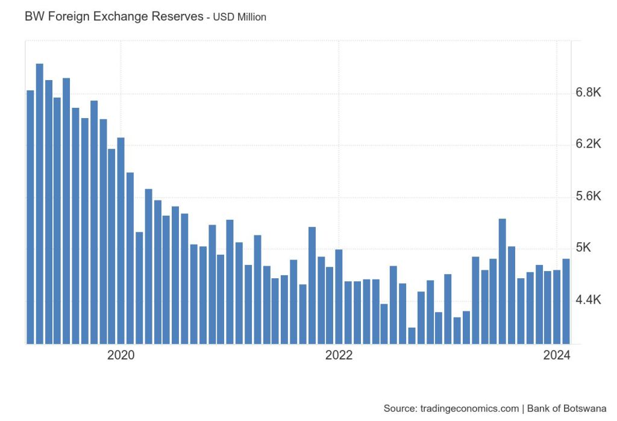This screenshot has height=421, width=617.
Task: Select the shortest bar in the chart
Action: [412, 335]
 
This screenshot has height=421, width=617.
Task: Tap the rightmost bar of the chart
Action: [566, 301]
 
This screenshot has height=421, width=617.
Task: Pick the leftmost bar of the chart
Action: [30, 217]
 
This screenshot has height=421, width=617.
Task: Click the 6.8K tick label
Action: [589, 93]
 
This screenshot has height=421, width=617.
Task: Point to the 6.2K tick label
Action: [589, 144]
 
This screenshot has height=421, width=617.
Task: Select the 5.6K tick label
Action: [589, 196]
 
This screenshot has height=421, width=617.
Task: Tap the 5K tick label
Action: [584, 248]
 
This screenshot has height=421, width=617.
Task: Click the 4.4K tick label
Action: [589, 300]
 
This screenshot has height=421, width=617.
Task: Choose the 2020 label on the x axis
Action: [121, 355]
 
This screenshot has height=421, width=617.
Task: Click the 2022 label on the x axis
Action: [339, 355]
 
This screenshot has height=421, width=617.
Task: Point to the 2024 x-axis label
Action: [556, 355]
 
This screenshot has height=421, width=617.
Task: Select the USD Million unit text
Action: [240, 17]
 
